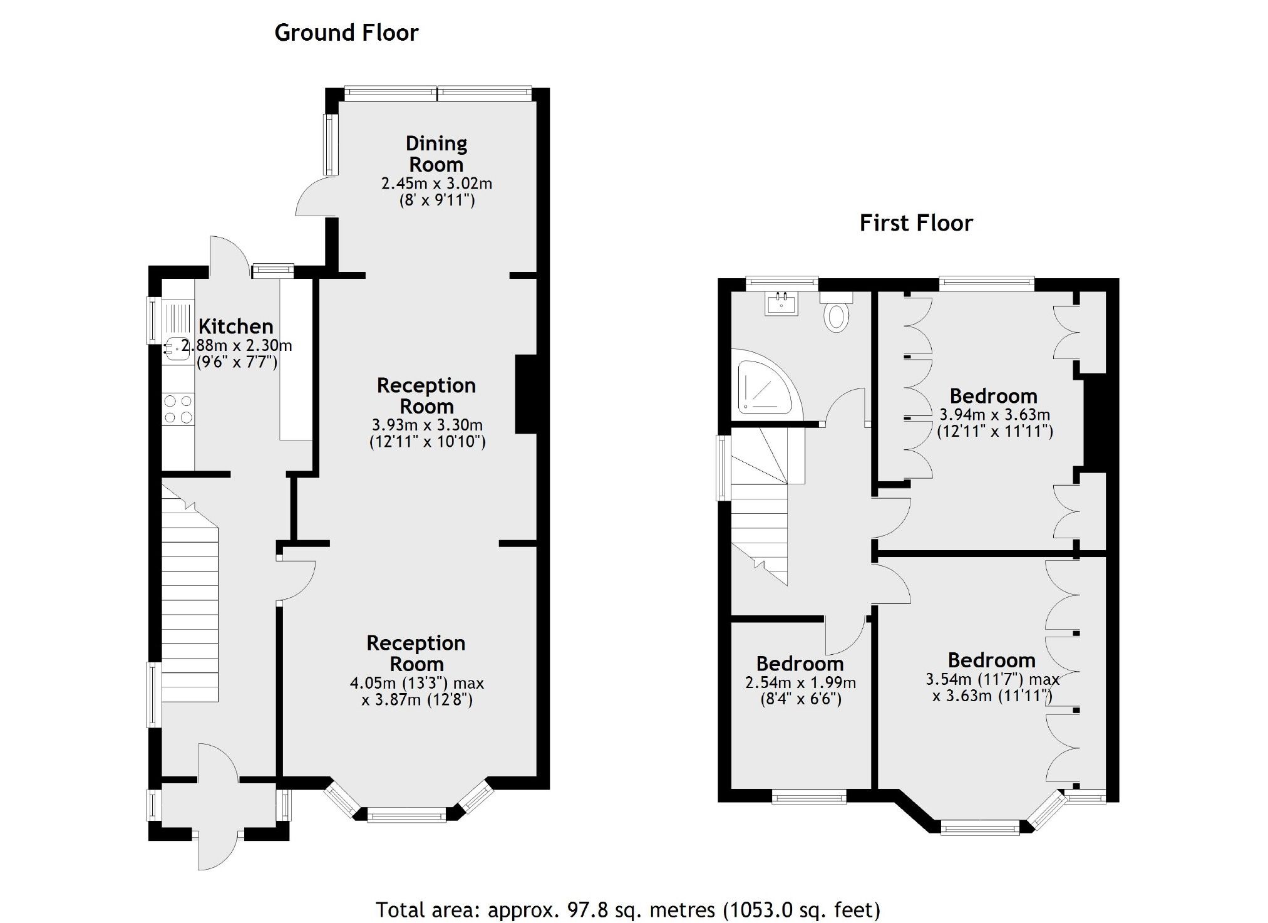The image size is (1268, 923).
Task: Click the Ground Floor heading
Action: pyautogui.click(x=346, y=33)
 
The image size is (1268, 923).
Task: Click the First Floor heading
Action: pyautogui.click(x=915, y=223)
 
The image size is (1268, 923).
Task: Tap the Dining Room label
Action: pyautogui.click(x=436, y=154)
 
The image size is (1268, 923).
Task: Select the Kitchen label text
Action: pyautogui.click(x=236, y=326)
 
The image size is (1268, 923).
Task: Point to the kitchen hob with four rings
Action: pyautogui.click(x=178, y=409)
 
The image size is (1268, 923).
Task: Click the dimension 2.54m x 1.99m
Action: pyautogui.click(x=800, y=683)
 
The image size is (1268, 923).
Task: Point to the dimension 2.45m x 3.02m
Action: pyautogui.click(x=436, y=184)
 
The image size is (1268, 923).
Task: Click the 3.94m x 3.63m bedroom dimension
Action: pyautogui.click(x=994, y=415)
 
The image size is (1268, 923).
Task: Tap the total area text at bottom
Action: pyautogui.click(x=627, y=909)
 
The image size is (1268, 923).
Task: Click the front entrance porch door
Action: pyautogui.click(x=217, y=849)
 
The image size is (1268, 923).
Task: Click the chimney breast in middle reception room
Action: pyautogui.click(x=526, y=394)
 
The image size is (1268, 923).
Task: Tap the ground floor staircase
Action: pyautogui.click(x=190, y=602)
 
